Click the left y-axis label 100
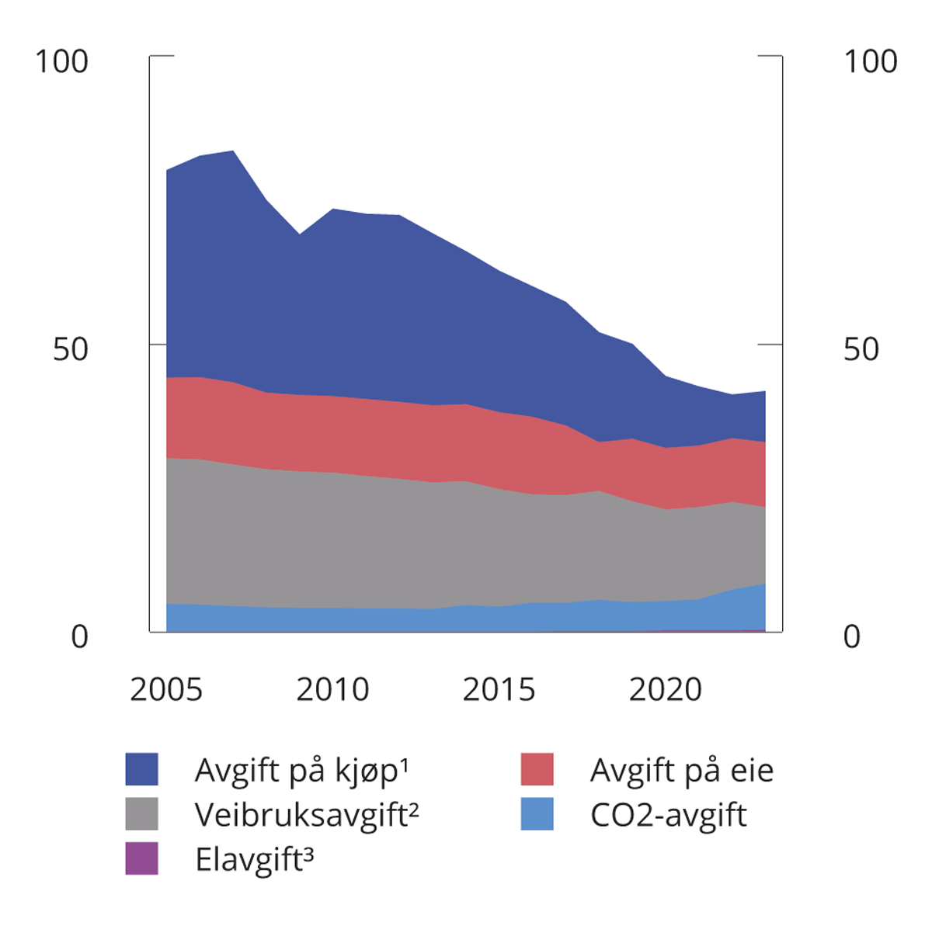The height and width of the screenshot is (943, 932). (62, 62)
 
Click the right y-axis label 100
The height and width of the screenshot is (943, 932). (870, 62)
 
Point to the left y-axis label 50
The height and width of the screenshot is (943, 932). (71, 349)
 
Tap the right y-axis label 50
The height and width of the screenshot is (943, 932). (861, 349)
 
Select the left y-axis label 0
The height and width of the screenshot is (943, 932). (79, 637)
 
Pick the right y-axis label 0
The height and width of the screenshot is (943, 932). (852, 637)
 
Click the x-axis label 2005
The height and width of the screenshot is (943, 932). (166, 690)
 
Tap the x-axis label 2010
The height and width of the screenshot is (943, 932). (332, 690)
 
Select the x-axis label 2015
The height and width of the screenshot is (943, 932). (499, 690)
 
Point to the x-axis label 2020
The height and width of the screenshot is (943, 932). (665, 690)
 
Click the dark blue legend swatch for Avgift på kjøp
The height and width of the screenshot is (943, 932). (141, 769)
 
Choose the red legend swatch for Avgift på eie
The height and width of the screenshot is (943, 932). (537, 769)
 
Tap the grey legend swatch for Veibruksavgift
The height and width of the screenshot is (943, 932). (141, 814)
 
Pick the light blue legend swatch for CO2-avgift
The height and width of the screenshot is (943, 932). (537, 814)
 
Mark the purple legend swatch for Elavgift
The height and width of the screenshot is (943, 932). (141, 858)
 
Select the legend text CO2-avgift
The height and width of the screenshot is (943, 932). (668, 816)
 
